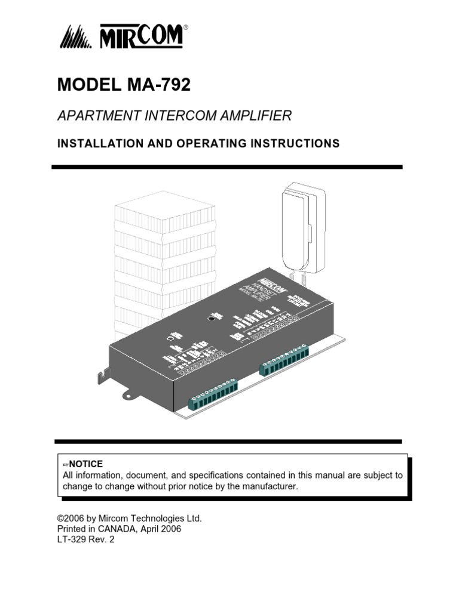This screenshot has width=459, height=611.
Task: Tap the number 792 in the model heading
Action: (x=173, y=85)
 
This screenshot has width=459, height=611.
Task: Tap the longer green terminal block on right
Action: (x=284, y=360)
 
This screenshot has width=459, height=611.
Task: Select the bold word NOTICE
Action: (x=87, y=464)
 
